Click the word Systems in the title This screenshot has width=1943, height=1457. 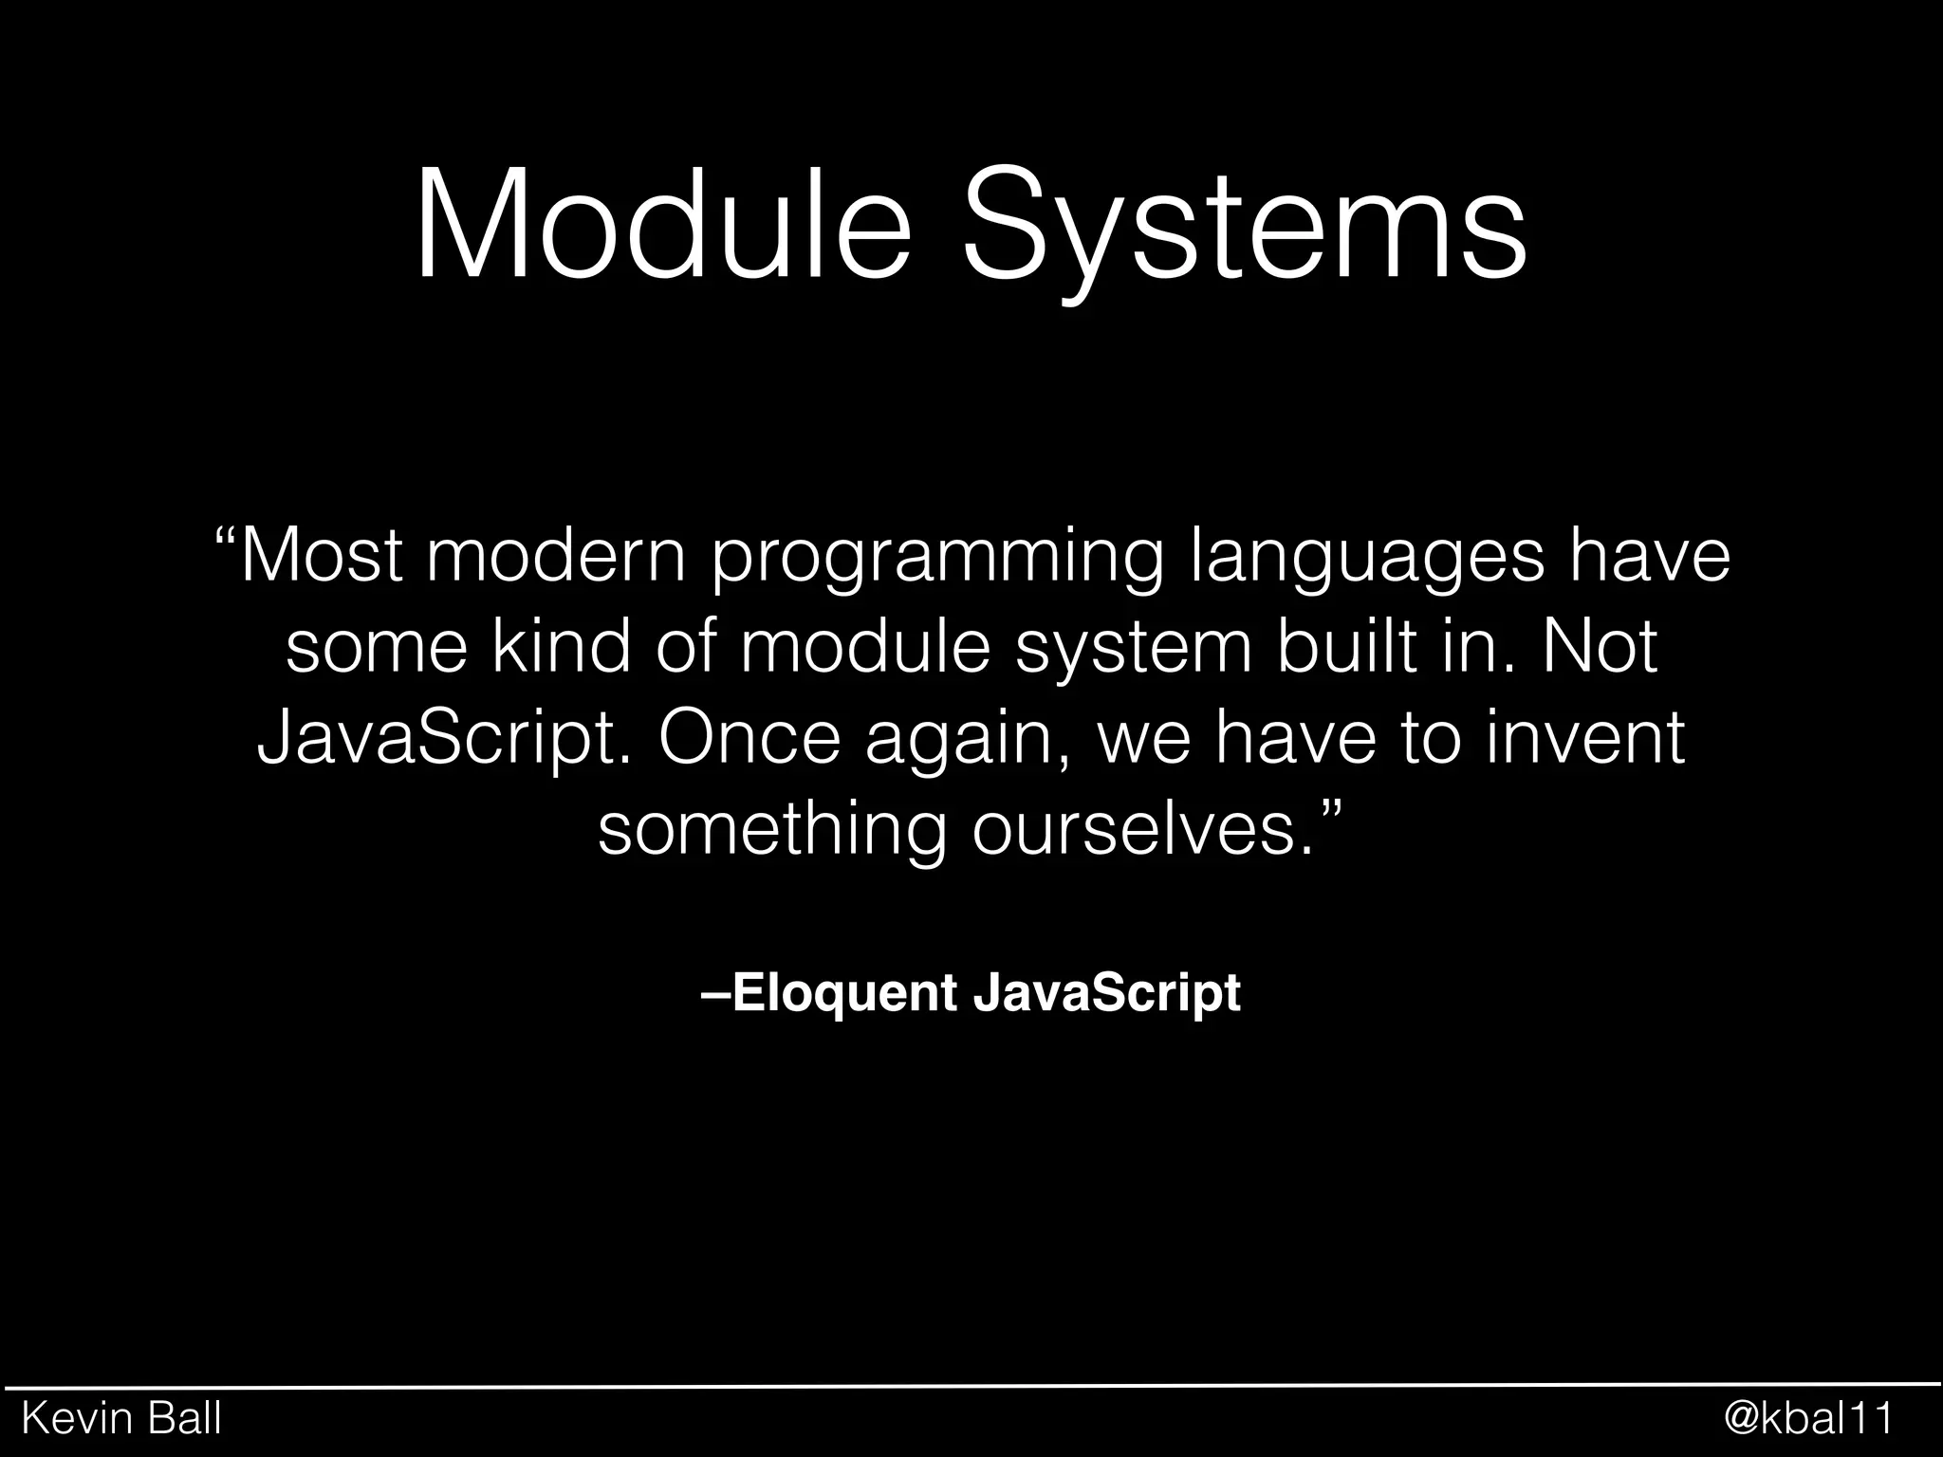tap(1245, 232)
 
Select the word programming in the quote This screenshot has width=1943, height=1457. tap(936, 562)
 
